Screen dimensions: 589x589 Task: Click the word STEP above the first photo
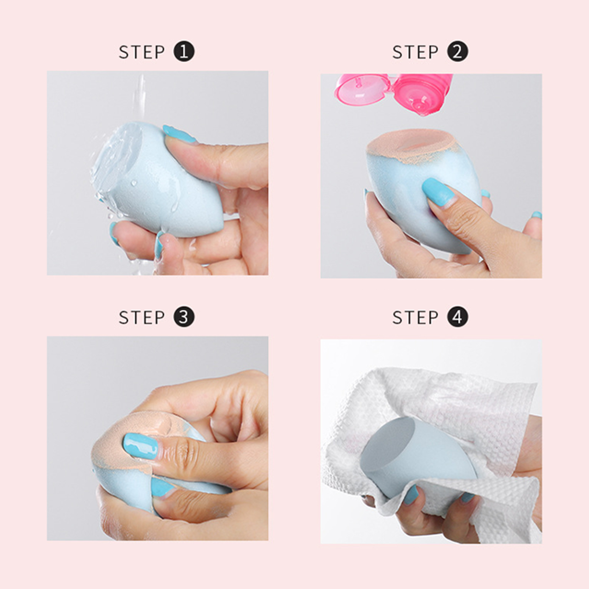(x=142, y=52)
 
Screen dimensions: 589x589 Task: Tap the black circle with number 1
(x=184, y=52)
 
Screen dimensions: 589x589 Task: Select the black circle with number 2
(x=457, y=52)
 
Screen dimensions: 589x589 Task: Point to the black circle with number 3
(x=184, y=317)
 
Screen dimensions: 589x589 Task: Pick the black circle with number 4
(x=457, y=317)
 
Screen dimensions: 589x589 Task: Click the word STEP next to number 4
(x=415, y=317)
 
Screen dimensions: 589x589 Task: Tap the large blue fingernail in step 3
(x=141, y=446)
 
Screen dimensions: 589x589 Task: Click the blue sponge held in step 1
(x=147, y=177)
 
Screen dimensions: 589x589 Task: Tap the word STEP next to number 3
(x=142, y=317)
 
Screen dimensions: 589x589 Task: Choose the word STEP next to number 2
(x=415, y=52)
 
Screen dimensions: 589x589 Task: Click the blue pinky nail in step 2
(x=537, y=215)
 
